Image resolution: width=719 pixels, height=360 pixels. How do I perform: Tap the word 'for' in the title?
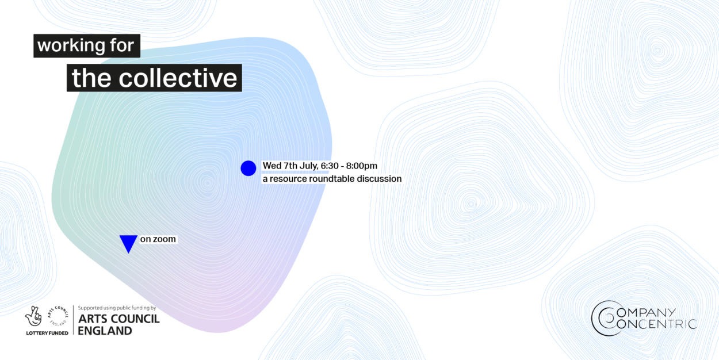click(x=121, y=45)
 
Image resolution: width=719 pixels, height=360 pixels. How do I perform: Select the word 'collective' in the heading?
click(x=178, y=78)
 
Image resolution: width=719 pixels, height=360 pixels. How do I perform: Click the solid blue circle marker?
click(x=248, y=168)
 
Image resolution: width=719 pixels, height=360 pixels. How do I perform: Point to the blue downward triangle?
click(x=128, y=243)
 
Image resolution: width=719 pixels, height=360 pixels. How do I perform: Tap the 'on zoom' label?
click(x=158, y=239)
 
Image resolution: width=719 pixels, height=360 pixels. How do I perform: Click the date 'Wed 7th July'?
click(x=290, y=166)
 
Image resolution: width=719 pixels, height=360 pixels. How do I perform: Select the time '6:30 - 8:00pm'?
click(x=349, y=166)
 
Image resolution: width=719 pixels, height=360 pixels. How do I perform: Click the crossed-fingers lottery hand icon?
click(x=34, y=316)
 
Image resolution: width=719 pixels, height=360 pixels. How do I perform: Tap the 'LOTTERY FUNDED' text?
click(x=47, y=333)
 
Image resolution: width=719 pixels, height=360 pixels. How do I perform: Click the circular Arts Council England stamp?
click(x=58, y=316)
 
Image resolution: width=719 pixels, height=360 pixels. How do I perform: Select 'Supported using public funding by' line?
click(x=117, y=308)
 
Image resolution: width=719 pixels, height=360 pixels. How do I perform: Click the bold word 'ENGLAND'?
click(x=105, y=331)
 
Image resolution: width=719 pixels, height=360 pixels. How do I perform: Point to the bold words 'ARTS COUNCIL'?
click(x=118, y=319)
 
